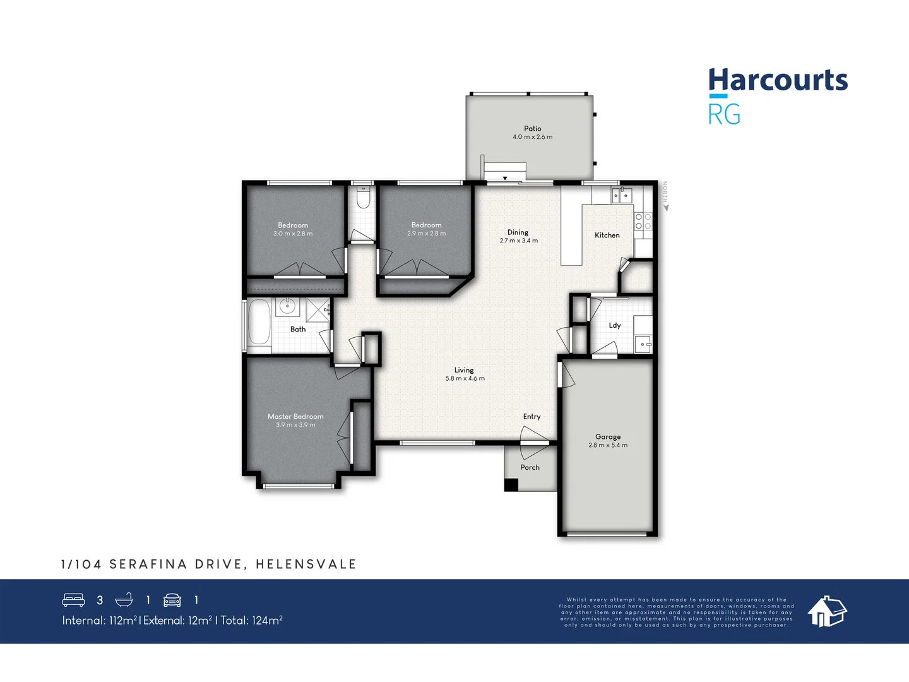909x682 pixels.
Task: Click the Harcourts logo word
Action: [x=778, y=80]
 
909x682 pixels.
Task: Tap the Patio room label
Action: [x=532, y=128]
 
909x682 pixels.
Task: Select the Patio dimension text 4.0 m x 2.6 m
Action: [x=532, y=137]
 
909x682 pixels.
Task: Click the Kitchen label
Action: [x=607, y=235]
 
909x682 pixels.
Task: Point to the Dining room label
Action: [x=518, y=232]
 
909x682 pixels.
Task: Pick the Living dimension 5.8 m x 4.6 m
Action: [x=465, y=379]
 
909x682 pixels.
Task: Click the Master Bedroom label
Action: [x=295, y=416]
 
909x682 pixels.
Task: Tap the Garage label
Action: [x=607, y=436]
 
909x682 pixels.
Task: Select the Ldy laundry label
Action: [x=614, y=325]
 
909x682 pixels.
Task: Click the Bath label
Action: [x=298, y=329]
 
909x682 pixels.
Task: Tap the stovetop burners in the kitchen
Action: [x=643, y=221]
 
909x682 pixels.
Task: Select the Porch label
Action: [x=530, y=467]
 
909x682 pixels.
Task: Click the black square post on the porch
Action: [x=511, y=485]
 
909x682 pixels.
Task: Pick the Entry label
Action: [x=532, y=416]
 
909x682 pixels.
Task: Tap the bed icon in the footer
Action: [x=73, y=600]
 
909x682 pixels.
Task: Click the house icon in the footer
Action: [x=827, y=611]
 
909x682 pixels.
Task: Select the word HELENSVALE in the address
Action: [x=306, y=564]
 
